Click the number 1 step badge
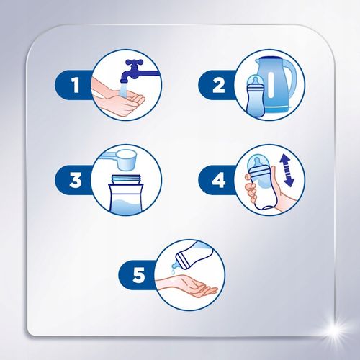click(73, 86)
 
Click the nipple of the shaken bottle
click(256, 162)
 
